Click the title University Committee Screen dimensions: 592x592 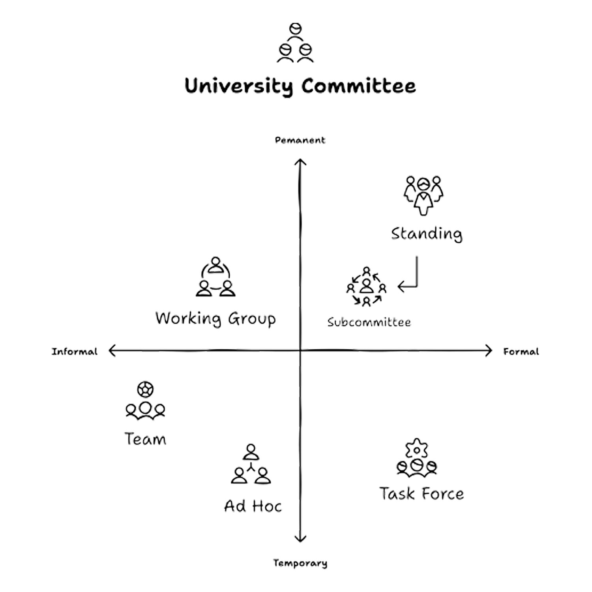(300, 86)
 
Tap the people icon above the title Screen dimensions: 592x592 (295, 43)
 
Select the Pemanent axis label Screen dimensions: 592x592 (300, 140)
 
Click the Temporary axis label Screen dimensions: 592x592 (300, 563)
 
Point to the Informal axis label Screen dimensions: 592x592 (75, 352)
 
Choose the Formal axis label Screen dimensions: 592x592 (521, 352)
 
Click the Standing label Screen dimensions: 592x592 (426, 234)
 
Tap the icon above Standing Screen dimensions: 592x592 (423, 195)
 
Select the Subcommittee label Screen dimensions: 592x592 (369, 322)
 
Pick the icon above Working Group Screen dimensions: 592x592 (215, 277)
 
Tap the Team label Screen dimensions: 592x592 (145, 439)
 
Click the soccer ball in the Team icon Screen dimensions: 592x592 (145, 390)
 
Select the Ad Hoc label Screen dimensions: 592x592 (253, 506)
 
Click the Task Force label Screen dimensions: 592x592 (422, 494)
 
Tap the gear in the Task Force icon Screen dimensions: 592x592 (417, 450)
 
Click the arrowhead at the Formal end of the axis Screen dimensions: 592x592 (489, 350)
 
